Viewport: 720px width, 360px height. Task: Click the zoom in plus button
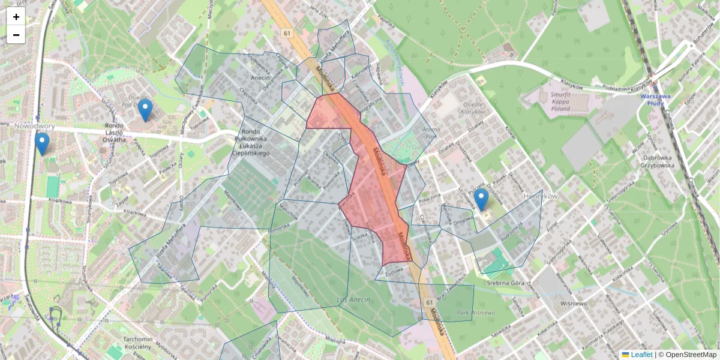pos(16,17)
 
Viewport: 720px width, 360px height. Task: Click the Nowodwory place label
pos(35,127)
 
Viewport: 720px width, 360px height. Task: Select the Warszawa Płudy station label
pos(659,99)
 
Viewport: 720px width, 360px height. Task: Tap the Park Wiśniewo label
pos(475,313)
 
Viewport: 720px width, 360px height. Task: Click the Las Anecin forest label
pos(353,299)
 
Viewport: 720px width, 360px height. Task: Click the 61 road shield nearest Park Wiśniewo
pos(430,301)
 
